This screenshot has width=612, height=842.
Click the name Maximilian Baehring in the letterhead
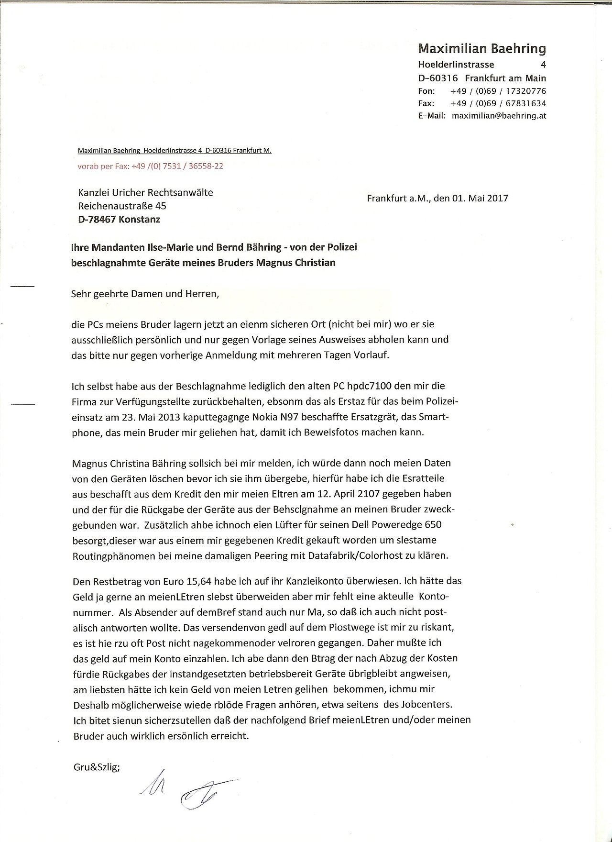pos(482,48)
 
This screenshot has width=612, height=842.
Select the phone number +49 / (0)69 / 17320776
pos(498,91)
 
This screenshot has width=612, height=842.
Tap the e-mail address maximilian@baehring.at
pos(499,116)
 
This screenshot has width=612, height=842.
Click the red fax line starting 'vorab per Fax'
pos(150,166)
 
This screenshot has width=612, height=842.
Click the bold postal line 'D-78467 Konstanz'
pos(119,220)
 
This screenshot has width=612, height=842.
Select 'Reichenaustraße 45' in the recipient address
pos(122,206)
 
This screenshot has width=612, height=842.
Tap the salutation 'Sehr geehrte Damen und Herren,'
pos(145,293)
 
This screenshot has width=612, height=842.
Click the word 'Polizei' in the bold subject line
pos(340,247)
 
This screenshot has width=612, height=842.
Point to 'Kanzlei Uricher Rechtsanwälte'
pos(145,192)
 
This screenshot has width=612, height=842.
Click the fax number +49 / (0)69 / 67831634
pos(498,103)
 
